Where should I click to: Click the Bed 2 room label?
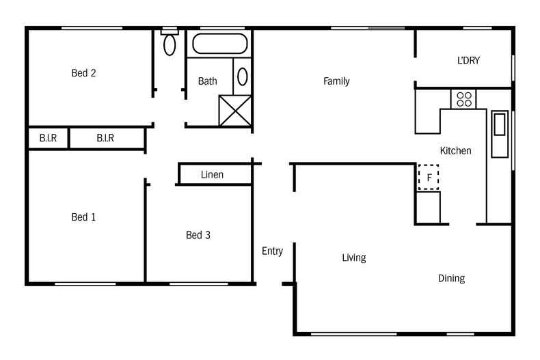(x=83, y=73)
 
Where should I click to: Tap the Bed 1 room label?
(x=83, y=217)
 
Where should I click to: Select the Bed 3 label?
(x=198, y=235)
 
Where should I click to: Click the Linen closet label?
(x=213, y=175)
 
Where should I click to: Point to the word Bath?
(x=208, y=81)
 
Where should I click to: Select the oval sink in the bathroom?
(x=243, y=75)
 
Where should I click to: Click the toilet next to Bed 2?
(x=170, y=43)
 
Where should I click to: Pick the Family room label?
(x=336, y=81)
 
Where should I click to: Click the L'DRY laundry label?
(x=468, y=60)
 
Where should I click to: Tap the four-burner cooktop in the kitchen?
(x=464, y=98)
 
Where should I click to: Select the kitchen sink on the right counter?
(x=499, y=124)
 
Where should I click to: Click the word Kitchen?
(x=455, y=150)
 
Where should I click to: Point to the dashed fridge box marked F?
(x=429, y=178)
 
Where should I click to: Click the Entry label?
(x=272, y=251)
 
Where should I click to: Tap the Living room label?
(x=354, y=258)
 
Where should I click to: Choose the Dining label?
(x=451, y=278)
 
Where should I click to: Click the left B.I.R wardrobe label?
(x=48, y=138)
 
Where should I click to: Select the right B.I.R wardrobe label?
(x=105, y=138)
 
